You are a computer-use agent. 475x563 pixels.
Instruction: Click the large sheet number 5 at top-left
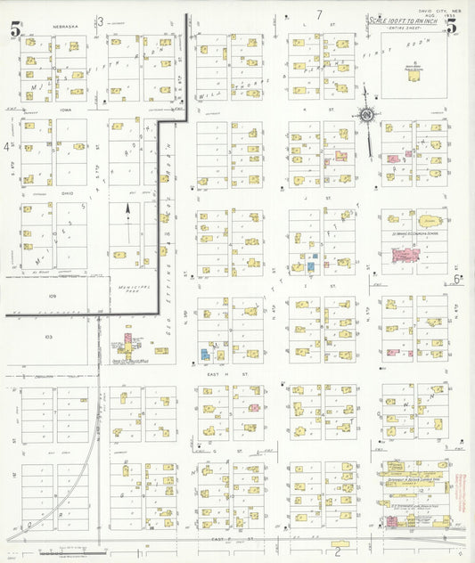coord(15,29)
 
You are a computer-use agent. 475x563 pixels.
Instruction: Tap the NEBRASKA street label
coord(66,27)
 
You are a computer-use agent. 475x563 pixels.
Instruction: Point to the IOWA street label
coord(60,111)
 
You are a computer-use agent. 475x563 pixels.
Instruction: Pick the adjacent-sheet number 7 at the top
coord(318,15)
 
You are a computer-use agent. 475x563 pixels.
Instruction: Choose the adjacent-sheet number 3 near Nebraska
coord(101,21)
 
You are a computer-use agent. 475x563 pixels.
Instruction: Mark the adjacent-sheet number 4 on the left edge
coord(6,145)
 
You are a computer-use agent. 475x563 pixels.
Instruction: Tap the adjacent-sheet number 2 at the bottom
coord(337,541)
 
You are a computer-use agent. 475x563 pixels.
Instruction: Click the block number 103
coord(49,338)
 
